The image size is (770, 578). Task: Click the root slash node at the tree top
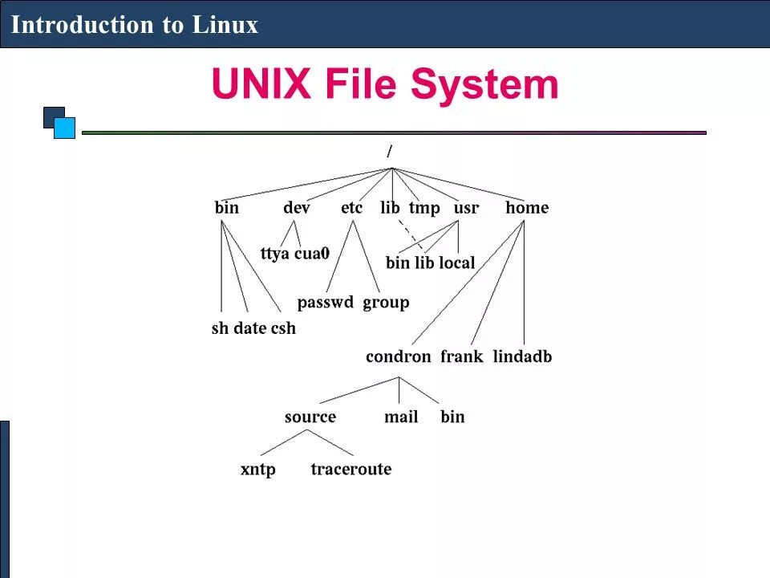[x=389, y=151]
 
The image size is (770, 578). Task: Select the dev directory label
[x=296, y=208]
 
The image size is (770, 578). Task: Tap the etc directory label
[x=351, y=208]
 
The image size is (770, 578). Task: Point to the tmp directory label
[x=424, y=208]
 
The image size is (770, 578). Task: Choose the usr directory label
[x=466, y=208]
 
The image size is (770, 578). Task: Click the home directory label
[x=527, y=208]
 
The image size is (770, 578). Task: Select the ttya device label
[x=275, y=254]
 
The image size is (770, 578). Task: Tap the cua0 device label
[x=312, y=254]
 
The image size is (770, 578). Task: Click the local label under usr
[x=456, y=263]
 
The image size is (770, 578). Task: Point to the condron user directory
[x=398, y=356]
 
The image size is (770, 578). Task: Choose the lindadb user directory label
[x=522, y=356]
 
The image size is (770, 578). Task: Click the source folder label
[x=310, y=417]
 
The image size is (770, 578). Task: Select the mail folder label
[x=401, y=417]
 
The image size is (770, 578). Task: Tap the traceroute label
[x=351, y=469]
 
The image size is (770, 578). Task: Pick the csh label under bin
[x=283, y=328]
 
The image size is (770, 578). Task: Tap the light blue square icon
[x=65, y=128]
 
